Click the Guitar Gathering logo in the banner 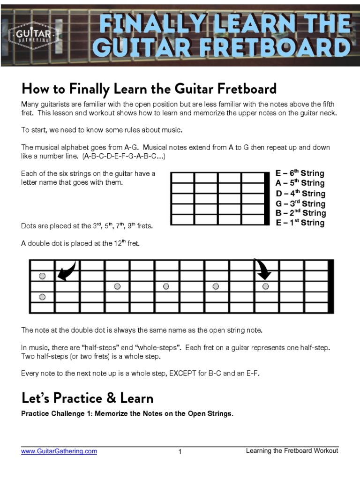[33, 34]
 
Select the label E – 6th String [300, 173]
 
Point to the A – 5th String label [300, 183]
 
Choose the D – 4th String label [300, 194]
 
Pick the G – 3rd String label [300, 203]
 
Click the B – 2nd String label [300, 213]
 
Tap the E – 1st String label [300, 223]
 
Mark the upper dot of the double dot [42, 276]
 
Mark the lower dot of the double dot [42, 297]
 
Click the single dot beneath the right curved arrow [266, 286]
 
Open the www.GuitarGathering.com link [59, 451]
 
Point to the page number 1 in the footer [180, 452]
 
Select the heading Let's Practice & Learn [88, 398]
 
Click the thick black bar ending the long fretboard [331, 285]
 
